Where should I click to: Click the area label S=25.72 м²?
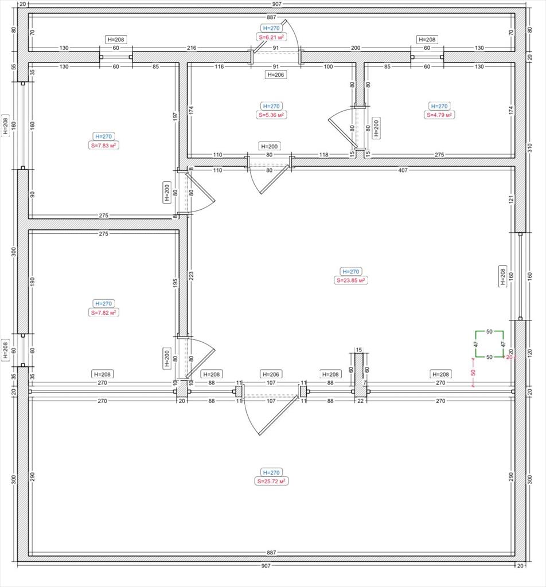pyautogui.click(x=271, y=481)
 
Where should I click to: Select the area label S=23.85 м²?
pyautogui.click(x=351, y=280)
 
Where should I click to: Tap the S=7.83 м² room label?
pyautogui.click(x=103, y=145)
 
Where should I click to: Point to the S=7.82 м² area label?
pyautogui.click(x=103, y=312)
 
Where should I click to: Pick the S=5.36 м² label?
pyautogui.click(x=271, y=115)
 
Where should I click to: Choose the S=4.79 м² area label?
pyautogui.click(x=439, y=115)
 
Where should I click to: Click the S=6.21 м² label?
pyautogui.click(x=271, y=37)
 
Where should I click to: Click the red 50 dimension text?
pyautogui.click(x=473, y=373)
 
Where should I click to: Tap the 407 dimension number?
pyautogui.click(x=403, y=170)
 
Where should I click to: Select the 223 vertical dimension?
pyautogui.click(x=191, y=276)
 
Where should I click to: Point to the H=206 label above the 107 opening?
pyautogui.click(x=271, y=374)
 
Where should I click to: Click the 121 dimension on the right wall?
pyautogui.click(x=511, y=199)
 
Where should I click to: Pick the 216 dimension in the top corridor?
pyautogui.click(x=192, y=48)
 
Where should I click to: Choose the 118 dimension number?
pyautogui.click(x=323, y=154)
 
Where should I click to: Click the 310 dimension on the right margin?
pyautogui.click(x=529, y=146)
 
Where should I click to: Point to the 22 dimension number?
pyautogui.click(x=360, y=401)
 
